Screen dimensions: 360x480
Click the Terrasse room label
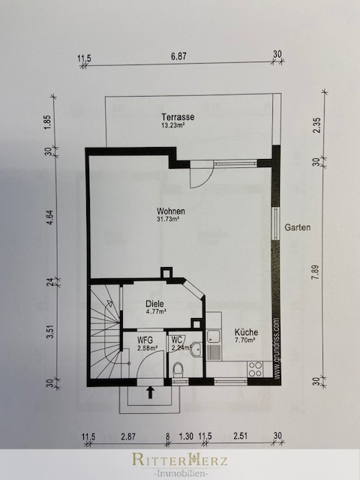pos(178,117)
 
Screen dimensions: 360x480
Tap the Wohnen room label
pos(171,211)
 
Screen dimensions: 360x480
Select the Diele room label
pos(154,304)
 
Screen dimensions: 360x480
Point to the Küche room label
pos(246,332)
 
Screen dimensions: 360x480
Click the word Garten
pos(298,227)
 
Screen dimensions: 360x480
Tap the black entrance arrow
pos(150,392)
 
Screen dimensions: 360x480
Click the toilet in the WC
pos(178,370)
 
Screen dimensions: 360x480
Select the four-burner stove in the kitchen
pos(255,369)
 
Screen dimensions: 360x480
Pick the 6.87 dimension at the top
pos(178,57)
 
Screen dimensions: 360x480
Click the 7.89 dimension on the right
pos(316,272)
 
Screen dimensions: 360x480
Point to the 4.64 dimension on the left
pos(50,217)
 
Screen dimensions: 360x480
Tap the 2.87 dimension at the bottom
pos(128,436)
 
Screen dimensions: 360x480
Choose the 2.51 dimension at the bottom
pos(240,436)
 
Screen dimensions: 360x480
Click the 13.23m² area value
pos(173,125)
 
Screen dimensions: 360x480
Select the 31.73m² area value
pos(168,219)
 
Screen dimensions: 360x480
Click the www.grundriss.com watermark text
pos(277,348)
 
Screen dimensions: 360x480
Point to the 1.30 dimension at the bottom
pos(186,436)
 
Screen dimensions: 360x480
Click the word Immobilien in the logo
pos(180,474)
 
